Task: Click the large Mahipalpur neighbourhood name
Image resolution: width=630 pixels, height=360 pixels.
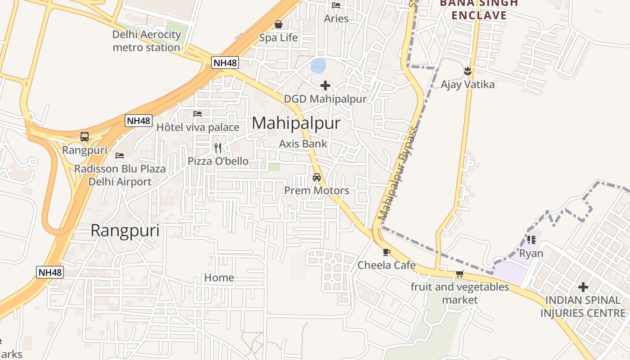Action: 296,123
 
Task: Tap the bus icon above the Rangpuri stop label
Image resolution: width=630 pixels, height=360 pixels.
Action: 85,137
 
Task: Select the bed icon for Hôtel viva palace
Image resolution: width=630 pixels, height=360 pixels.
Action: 198,114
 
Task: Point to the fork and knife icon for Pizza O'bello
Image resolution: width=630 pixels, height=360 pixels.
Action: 218,148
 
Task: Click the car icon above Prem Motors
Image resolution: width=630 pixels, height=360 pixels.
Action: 317,177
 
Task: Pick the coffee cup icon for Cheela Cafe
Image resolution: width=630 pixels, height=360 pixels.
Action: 386,252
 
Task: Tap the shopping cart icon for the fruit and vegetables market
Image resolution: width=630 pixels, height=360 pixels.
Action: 459,274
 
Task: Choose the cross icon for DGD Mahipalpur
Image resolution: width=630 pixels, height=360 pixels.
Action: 325,85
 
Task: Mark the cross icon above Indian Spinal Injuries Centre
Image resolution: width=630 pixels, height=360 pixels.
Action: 583,287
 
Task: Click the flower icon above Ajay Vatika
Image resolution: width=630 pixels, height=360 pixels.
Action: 468,71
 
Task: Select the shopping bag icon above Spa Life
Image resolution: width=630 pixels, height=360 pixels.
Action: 279,24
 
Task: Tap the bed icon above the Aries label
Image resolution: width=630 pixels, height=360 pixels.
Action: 336,5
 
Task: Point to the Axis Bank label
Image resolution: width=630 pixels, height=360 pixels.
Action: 303,144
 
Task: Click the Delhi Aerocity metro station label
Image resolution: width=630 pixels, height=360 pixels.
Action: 146,41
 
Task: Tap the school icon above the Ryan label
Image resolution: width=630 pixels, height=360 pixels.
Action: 531,240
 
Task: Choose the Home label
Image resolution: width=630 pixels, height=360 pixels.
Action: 219,278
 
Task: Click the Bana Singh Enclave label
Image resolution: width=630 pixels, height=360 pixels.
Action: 479,9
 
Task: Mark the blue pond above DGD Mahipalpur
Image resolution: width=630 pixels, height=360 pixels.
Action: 318,66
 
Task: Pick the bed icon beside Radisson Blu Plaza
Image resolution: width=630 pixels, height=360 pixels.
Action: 120,156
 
